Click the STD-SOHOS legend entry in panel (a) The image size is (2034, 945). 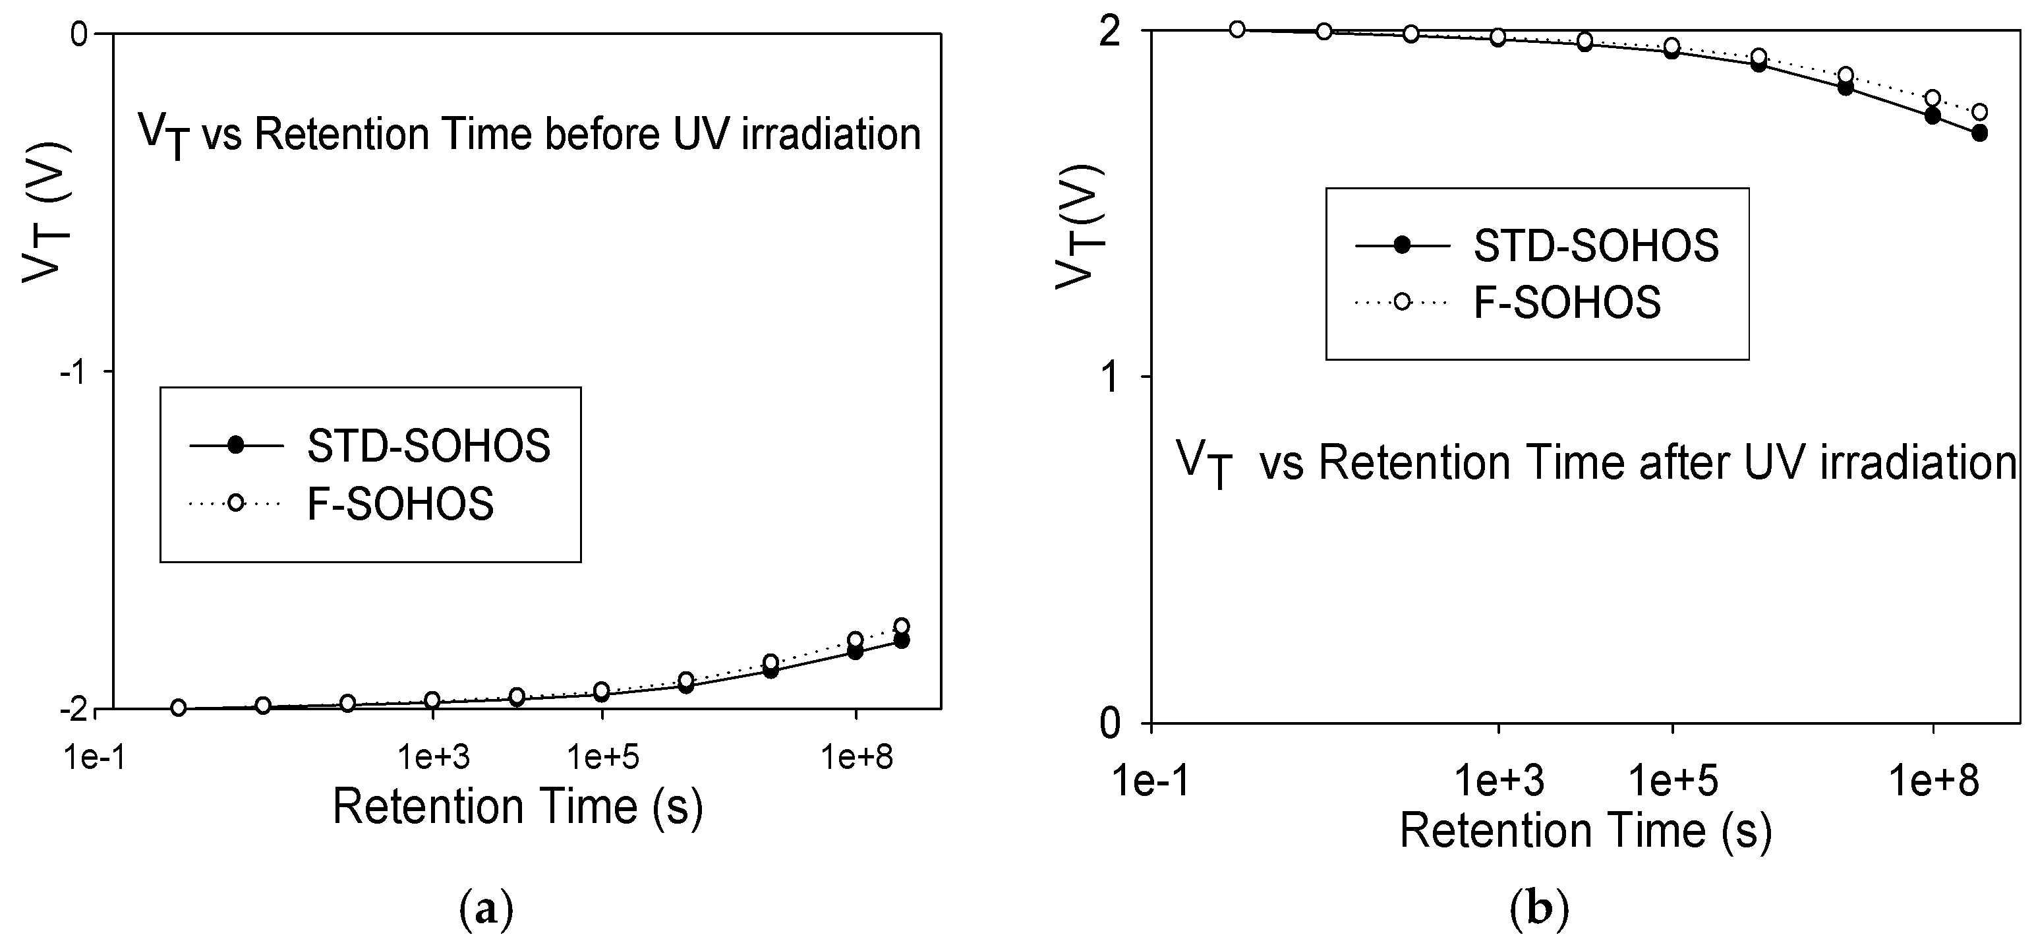(x=428, y=446)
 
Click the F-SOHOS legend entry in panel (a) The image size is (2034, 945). (x=399, y=504)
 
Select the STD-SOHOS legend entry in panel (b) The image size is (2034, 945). (x=1596, y=246)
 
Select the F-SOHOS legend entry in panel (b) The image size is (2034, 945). (x=1567, y=302)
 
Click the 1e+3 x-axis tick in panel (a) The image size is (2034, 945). (x=434, y=758)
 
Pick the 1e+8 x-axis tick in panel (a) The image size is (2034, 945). (x=857, y=758)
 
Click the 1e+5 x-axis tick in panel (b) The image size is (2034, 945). (x=1672, y=781)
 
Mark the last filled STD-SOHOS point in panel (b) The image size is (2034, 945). (x=1979, y=133)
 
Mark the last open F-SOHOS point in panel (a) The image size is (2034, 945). (x=901, y=626)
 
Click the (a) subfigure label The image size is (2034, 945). (x=486, y=910)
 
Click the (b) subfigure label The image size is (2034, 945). (x=1539, y=910)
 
